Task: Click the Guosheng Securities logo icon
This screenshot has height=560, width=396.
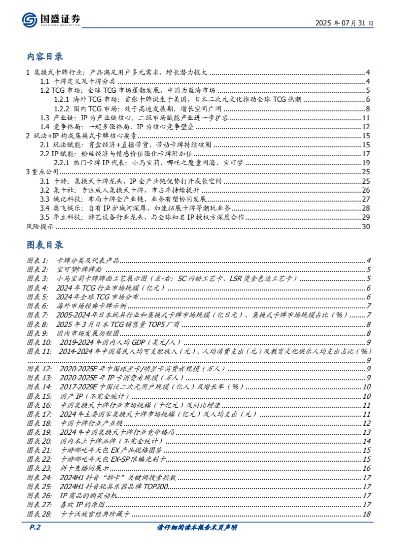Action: [30, 20]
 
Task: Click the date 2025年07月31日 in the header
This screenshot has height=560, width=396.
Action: [344, 23]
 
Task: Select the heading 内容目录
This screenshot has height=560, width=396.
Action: [45, 57]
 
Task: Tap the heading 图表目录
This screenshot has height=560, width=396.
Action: [45, 245]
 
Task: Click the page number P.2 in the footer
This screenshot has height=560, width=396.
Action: [35, 527]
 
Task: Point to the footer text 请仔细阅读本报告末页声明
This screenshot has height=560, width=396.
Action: [197, 527]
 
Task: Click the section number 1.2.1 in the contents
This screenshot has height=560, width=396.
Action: [61, 100]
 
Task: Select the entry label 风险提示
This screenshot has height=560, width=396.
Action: [40, 227]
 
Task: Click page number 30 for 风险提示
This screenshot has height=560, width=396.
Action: [366, 227]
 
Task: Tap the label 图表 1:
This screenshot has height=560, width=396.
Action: [37, 261]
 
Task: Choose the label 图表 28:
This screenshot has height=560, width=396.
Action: [39, 514]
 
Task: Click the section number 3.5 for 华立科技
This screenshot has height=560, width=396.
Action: [45, 217]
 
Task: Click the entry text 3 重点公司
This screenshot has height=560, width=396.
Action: [42, 172]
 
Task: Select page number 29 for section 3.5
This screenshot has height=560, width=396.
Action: [366, 217]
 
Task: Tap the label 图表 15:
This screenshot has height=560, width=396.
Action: [39, 396]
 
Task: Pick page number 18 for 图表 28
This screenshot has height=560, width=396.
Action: [367, 514]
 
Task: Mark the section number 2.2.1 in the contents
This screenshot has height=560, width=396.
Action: [61, 163]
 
